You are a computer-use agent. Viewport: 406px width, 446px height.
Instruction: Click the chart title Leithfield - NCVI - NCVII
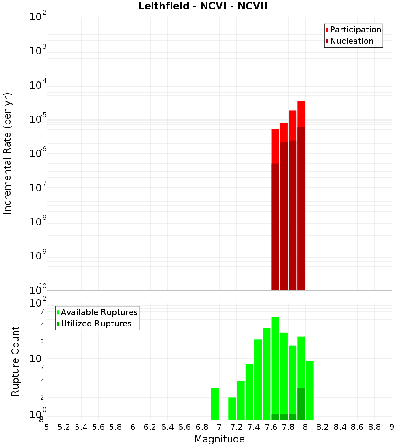tap(203, 6)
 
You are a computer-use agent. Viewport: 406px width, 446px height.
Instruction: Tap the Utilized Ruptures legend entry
tap(96, 324)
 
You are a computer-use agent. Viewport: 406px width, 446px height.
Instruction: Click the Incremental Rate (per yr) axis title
tap(8, 153)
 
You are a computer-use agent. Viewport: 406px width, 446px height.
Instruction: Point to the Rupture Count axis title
tap(15, 361)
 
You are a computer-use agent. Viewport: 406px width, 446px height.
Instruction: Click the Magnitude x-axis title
tap(219, 439)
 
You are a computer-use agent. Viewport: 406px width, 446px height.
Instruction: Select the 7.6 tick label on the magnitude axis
tap(271, 427)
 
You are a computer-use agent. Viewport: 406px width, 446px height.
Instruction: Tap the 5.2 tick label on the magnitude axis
tap(64, 427)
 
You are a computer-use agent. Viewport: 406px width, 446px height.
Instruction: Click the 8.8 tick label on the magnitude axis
tap(374, 427)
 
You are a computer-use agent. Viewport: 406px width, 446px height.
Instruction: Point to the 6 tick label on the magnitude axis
tap(133, 427)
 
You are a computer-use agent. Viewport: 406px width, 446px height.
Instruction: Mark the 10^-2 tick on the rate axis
tap(38, 17)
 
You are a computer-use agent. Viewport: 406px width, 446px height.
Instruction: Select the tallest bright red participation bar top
tap(301, 102)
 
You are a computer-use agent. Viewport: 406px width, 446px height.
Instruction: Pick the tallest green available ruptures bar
tap(275, 365)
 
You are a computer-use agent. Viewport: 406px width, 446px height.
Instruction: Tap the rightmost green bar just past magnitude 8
tap(310, 389)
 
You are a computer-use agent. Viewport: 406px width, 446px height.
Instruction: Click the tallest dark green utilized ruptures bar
tap(301, 403)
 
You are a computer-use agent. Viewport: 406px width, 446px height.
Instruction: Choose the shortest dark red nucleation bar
tap(275, 227)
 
